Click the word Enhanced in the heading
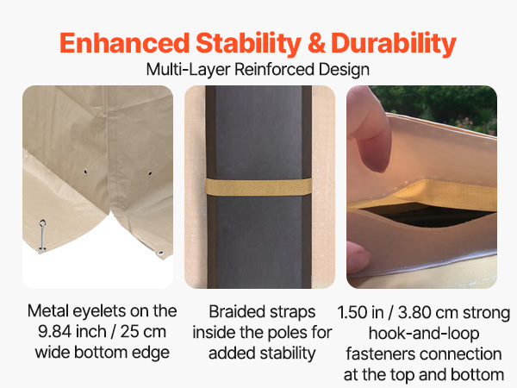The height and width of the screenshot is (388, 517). point(124,43)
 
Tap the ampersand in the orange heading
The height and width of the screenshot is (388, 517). point(316,43)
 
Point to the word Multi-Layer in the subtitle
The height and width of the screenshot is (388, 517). point(188,69)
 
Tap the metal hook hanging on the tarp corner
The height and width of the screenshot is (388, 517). point(42,235)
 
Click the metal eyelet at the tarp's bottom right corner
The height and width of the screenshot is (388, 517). point(161,253)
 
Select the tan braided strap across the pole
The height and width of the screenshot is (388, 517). point(258,187)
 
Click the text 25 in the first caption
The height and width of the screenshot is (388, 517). point(129,332)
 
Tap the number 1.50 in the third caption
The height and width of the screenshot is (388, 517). point(352,313)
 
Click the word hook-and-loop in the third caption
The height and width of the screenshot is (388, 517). point(424,334)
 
